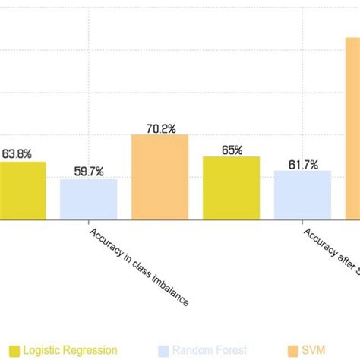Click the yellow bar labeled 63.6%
pyautogui.click(x=22, y=191)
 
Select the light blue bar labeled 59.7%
pyautogui.click(x=89, y=200)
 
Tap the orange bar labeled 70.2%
pyautogui.click(x=159, y=177)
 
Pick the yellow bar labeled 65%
pyautogui.click(x=231, y=188)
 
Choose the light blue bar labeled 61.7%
pyautogui.click(x=302, y=195)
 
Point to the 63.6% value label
pyautogui.click(x=17, y=153)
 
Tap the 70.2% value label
pyautogui.click(x=160, y=128)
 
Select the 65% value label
pyautogui.click(x=232, y=150)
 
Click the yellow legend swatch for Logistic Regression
pyautogui.click(x=11, y=350)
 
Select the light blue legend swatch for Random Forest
pyautogui.click(x=163, y=350)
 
